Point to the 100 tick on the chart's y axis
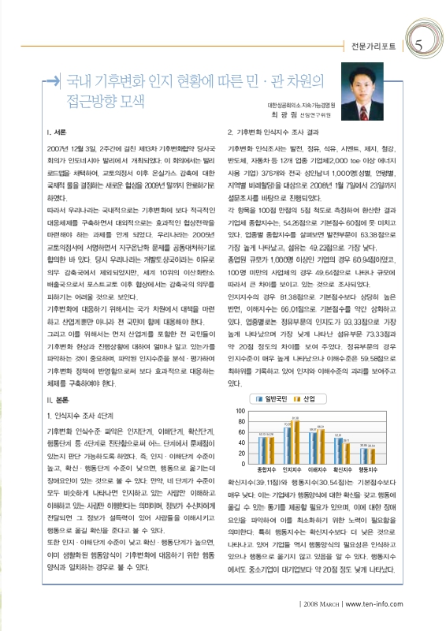tap(241, 412)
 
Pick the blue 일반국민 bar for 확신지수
tap(338, 449)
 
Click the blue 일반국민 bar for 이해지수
tap(313, 446)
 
